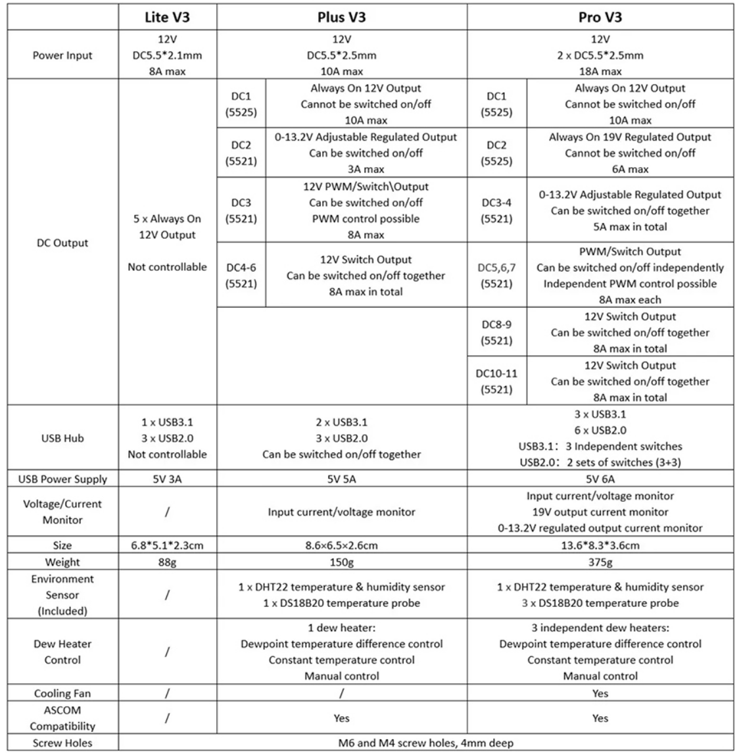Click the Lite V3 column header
[x=167, y=17]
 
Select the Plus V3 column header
[x=341, y=17]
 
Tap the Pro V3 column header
[x=600, y=17]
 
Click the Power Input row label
[x=62, y=55]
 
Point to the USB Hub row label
[x=62, y=438]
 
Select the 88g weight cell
[x=167, y=562]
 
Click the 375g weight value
[x=600, y=562]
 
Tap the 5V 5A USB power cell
[x=341, y=479]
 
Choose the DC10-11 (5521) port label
[x=496, y=381]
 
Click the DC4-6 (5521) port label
[x=241, y=276]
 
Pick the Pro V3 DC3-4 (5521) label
[x=496, y=210]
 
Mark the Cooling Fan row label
[x=62, y=693]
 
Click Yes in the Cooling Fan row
[x=600, y=693]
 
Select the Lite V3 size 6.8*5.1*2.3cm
[x=167, y=545]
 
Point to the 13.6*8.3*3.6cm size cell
[x=600, y=545]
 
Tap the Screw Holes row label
[x=62, y=743]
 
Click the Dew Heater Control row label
[x=62, y=652]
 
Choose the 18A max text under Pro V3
[x=600, y=71]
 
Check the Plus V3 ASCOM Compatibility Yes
[x=341, y=718]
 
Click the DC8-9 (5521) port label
[x=496, y=333]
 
